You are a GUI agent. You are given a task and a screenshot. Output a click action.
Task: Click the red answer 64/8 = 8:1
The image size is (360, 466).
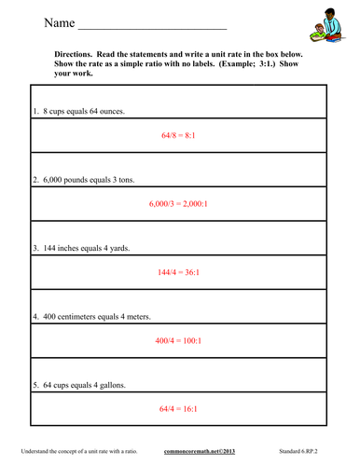pyautogui.click(x=181, y=135)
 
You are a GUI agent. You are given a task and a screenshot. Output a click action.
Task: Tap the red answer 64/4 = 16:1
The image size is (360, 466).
pyautogui.click(x=181, y=409)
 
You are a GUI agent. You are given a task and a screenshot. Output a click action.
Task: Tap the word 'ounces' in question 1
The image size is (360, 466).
pyautogui.click(x=113, y=111)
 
